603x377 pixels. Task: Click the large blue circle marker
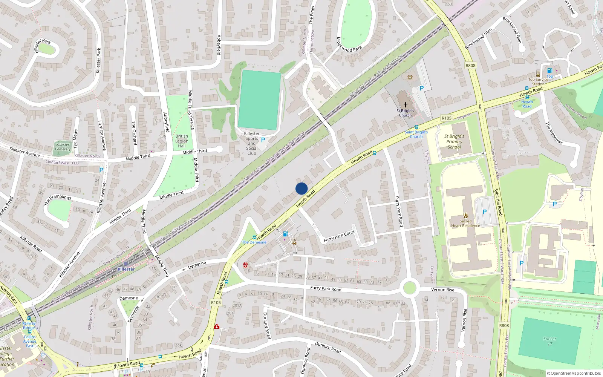tap(301, 188)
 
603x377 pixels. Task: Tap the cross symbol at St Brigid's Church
tap(406, 104)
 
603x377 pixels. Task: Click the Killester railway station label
tap(126, 269)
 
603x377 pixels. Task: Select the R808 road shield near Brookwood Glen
tap(470, 65)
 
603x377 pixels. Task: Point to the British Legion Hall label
tap(182, 141)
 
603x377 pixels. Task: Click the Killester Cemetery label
tap(63, 147)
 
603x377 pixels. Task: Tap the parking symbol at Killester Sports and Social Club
tap(263, 140)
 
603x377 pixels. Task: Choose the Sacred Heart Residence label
tap(465, 224)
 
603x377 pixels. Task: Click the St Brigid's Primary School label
tap(454, 142)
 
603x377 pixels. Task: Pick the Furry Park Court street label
tap(339, 236)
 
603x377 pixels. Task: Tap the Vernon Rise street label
tap(442, 290)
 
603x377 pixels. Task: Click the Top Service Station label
tap(538, 81)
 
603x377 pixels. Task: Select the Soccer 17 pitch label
tap(549, 341)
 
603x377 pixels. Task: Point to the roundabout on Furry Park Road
tap(409, 288)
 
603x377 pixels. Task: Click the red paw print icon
tap(246, 265)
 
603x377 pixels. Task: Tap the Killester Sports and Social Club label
tap(252, 143)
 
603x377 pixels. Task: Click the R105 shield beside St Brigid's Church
tap(446, 118)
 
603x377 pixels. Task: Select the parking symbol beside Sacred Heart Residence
tap(485, 212)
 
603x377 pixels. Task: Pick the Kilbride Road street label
tap(31, 244)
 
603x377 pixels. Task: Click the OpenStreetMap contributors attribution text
tap(574, 373)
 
